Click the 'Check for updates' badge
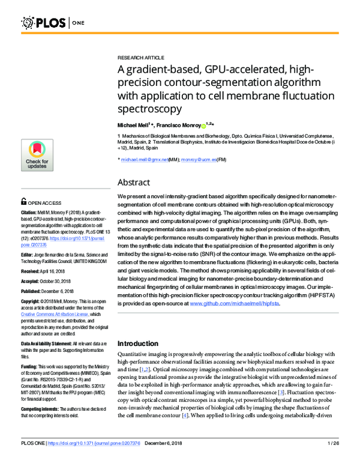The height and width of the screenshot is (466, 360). pos(37,155)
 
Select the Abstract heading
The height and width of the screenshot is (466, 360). pos(133,182)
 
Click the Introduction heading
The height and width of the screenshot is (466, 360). pos(142,343)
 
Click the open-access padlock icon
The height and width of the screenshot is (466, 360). pos(23,202)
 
